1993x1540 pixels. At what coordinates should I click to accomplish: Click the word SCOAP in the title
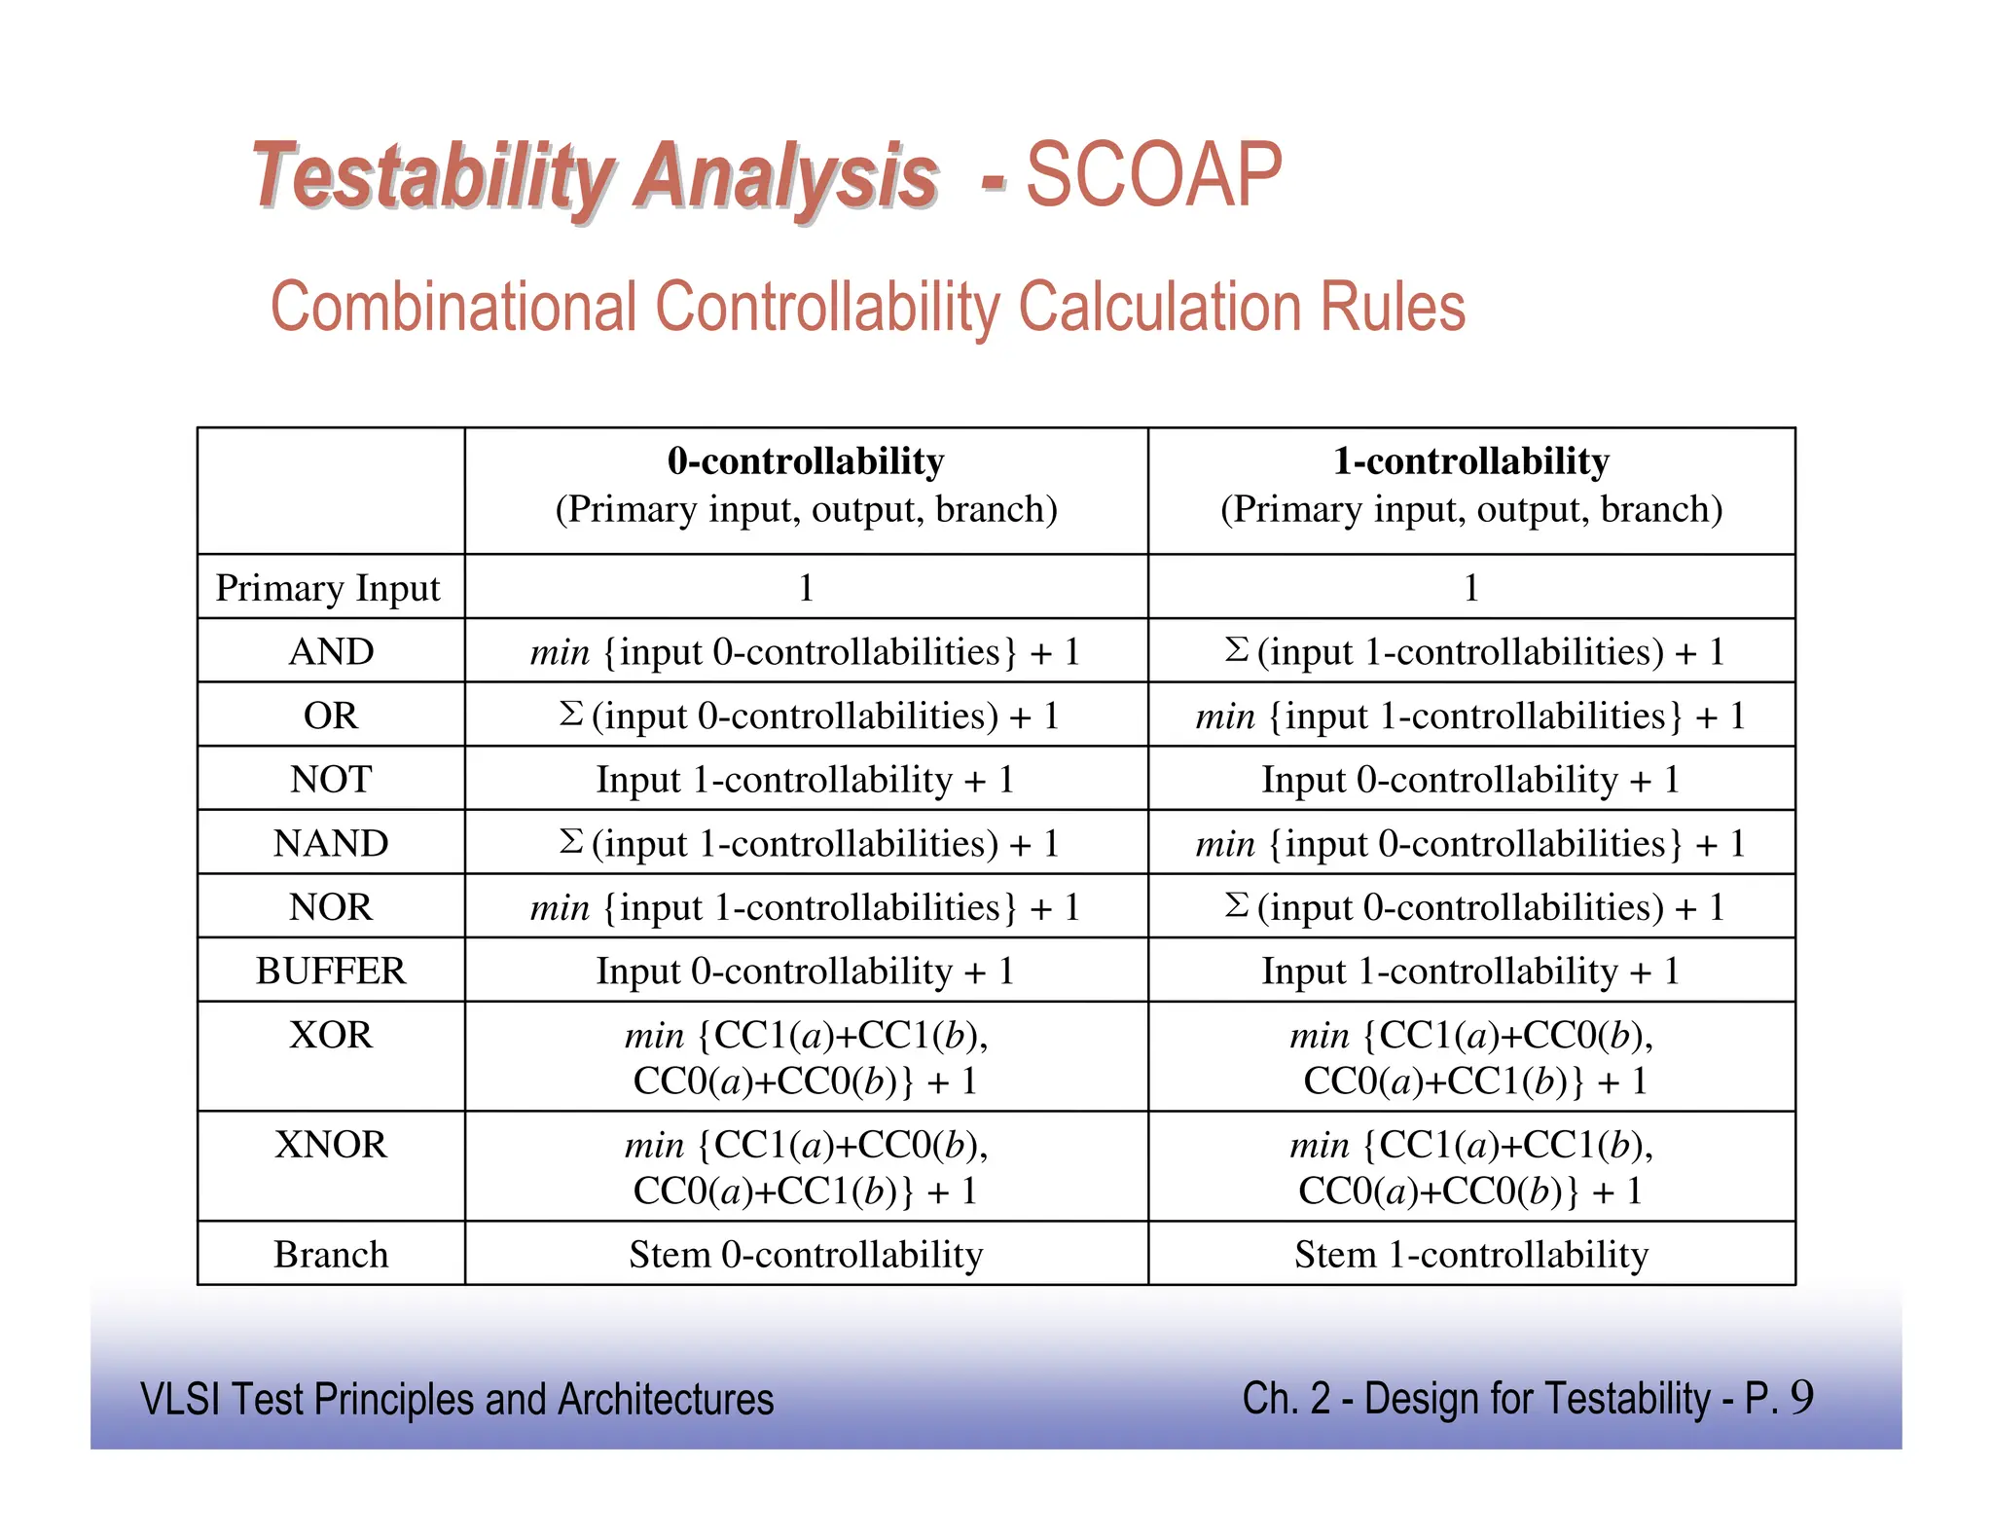1154,176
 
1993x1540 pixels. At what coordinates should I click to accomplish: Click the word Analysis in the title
786,178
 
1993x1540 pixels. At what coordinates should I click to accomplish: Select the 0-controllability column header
806,461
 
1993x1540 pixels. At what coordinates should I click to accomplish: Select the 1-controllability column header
1470,461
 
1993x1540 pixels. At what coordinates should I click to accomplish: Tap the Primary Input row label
328,588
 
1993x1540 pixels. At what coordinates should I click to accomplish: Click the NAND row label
331,843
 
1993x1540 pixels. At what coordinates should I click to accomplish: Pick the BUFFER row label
331,971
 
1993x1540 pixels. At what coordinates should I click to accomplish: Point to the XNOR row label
331,1145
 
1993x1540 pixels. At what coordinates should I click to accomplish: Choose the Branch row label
331,1255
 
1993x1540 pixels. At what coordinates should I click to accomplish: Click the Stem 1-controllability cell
1470,1255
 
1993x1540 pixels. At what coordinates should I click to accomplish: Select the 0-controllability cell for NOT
806,780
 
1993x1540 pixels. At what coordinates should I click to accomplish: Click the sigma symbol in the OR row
571,714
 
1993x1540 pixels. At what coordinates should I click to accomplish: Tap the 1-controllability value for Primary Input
1470,588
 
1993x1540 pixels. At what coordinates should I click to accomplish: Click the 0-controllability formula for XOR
806,1058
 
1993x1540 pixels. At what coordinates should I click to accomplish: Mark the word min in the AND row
560,652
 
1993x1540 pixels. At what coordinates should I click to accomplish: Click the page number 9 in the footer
1801,1398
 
